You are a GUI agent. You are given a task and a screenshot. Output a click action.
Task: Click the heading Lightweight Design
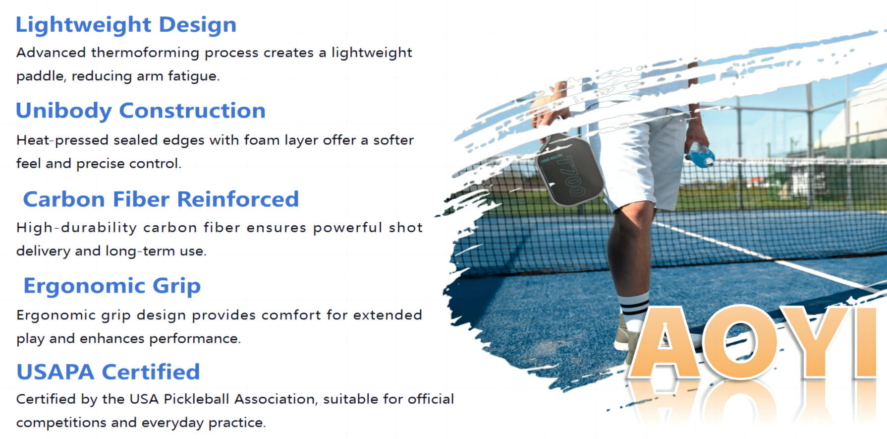coord(126,25)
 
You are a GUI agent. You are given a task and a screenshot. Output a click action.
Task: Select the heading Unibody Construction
coord(141,111)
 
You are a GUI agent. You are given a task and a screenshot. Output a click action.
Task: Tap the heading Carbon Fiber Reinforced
coord(161,199)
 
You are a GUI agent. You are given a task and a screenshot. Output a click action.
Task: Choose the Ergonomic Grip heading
coord(112,286)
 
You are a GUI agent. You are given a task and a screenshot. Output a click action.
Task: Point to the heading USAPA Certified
coord(108,372)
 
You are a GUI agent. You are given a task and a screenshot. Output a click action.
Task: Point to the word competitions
coord(61,423)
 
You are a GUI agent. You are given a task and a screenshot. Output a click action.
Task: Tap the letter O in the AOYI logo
coord(739,342)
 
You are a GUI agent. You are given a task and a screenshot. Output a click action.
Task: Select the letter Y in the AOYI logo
coord(814,342)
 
